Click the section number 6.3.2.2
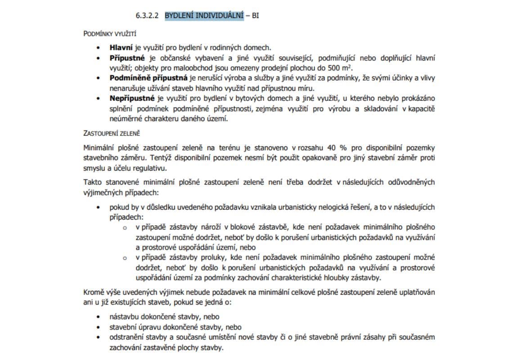pos(147,16)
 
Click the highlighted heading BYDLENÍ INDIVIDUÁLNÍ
pos(204,16)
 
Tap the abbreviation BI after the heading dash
pos(255,16)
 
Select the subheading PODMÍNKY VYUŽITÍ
pos(110,34)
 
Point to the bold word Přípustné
pos(127,58)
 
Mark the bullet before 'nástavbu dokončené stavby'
pos(99,317)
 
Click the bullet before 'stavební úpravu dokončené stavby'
pos(99,327)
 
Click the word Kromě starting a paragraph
pos(94,292)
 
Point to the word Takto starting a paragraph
pos(93,182)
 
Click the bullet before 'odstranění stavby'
pos(99,337)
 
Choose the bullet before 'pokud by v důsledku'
pos(99,207)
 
